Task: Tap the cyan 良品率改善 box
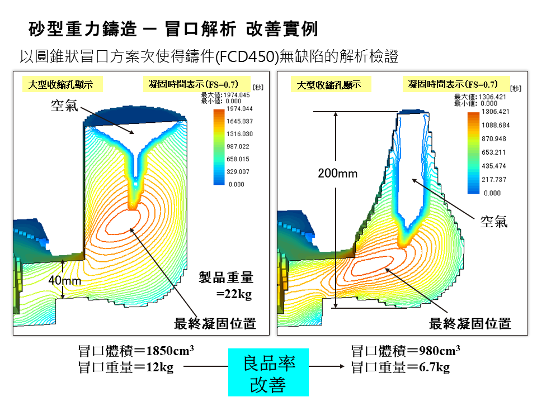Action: coord(268,372)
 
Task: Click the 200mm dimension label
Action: coord(337,174)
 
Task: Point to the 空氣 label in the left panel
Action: coord(64,106)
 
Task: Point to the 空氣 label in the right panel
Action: coord(494,221)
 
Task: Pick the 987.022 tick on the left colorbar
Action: coord(240,146)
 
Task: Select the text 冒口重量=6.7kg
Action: coord(400,367)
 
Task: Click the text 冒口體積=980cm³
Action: coord(405,351)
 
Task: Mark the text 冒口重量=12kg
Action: coord(126,367)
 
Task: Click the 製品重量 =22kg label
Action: coord(227,285)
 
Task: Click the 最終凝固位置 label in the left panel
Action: coord(215,323)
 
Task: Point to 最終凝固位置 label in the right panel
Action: coord(470,323)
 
